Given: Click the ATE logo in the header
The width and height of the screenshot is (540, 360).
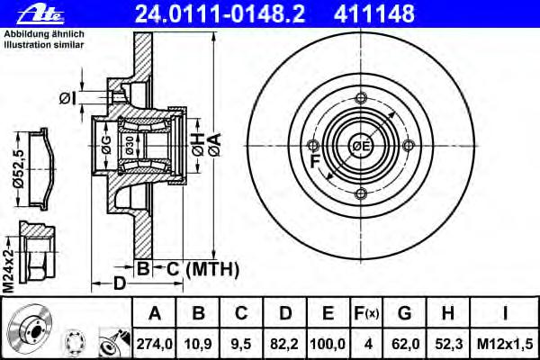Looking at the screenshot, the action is (40, 15).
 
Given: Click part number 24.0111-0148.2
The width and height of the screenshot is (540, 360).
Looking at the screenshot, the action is (220, 13).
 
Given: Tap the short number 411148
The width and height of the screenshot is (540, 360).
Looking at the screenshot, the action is (374, 13).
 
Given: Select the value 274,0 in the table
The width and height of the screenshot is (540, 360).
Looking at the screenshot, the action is (154, 344).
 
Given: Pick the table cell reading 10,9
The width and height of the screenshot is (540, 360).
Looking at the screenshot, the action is (198, 344).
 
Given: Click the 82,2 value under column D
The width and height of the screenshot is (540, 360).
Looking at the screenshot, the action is (284, 344).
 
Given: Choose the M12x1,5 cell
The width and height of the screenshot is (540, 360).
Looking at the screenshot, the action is (505, 344).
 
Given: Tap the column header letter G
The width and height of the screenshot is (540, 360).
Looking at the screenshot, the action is (405, 313).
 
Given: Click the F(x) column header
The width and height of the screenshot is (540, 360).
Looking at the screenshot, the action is (366, 313).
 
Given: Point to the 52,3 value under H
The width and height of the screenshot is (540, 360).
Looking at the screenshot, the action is (448, 344).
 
